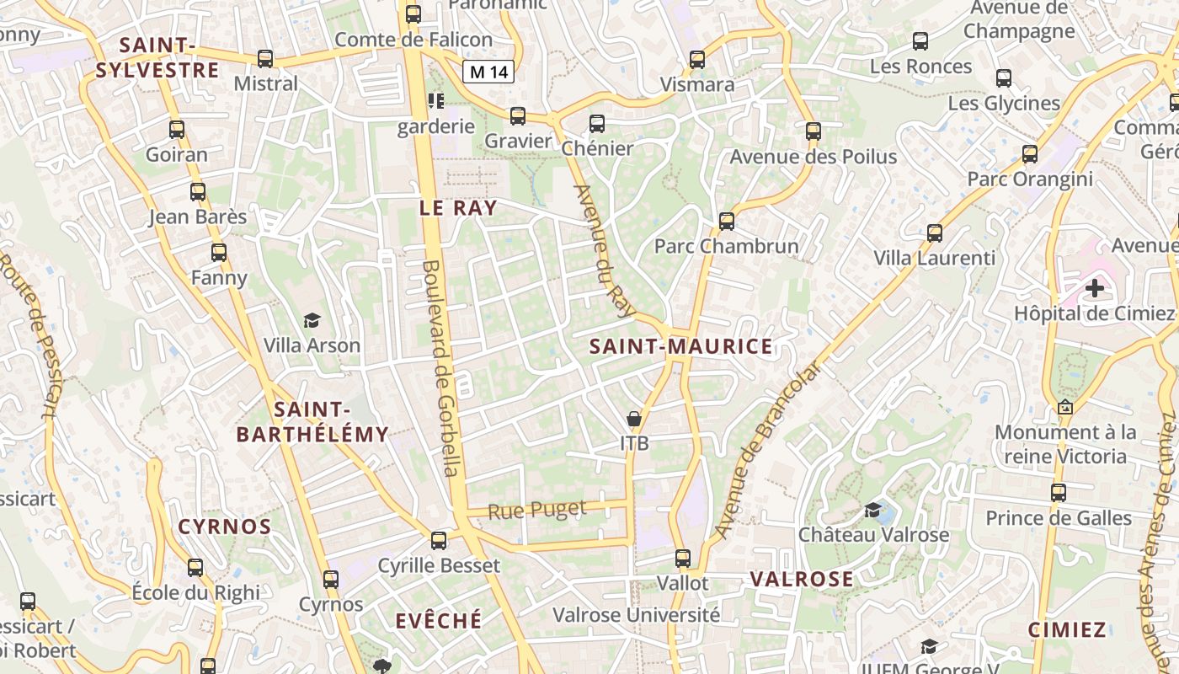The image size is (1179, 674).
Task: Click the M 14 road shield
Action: point(488,72)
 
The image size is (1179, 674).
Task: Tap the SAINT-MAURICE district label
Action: point(680,346)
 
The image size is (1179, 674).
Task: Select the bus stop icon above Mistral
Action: point(265,59)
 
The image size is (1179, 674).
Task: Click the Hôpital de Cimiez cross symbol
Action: point(1094,289)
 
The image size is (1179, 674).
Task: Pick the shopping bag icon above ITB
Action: point(634,419)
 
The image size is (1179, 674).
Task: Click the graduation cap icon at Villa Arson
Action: point(312,320)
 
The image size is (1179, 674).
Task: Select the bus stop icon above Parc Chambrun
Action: point(726,222)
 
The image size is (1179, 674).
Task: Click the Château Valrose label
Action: point(873,534)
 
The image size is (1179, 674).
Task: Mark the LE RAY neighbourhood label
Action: point(458,208)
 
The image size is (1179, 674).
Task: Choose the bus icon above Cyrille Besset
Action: point(438,541)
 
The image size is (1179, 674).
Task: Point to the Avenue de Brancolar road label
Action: point(766,451)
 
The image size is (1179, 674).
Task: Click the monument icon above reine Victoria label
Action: point(1064,408)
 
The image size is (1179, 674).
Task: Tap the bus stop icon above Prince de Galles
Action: point(1058,493)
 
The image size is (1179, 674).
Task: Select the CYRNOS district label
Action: point(224,527)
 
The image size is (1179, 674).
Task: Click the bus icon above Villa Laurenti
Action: point(934,233)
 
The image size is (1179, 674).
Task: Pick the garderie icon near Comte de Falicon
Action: point(435,102)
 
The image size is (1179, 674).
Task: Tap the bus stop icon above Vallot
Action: point(682,558)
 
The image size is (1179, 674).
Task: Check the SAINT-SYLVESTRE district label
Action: point(157,57)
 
